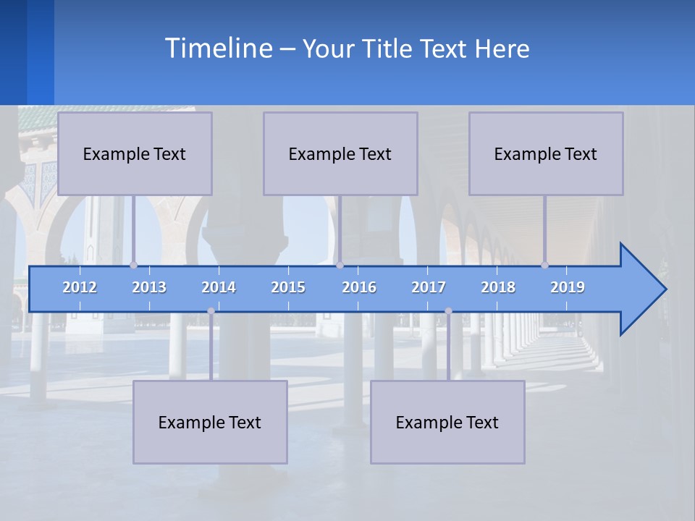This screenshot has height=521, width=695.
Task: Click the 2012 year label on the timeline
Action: click(x=80, y=287)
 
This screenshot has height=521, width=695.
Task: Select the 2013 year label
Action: click(x=149, y=287)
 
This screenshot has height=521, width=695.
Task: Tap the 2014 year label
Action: click(x=219, y=287)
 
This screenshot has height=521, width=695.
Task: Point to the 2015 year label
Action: click(x=288, y=287)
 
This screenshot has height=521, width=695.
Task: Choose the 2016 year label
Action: click(x=359, y=287)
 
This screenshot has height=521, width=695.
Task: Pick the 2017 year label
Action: click(x=429, y=287)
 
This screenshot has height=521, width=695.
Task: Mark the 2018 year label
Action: click(x=498, y=287)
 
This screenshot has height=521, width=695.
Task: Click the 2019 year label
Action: click(x=568, y=287)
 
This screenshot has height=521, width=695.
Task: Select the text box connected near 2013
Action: click(x=135, y=153)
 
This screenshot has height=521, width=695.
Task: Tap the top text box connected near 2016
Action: click(x=340, y=153)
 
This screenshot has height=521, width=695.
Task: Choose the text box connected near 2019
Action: click(x=546, y=153)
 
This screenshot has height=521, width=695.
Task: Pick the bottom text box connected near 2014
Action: click(x=210, y=422)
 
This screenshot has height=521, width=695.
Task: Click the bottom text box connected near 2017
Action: click(x=447, y=422)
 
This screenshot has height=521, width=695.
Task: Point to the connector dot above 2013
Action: click(x=133, y=265)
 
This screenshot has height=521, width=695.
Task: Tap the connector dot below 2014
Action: click(x=211, y=311)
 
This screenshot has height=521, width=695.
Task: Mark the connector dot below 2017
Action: click(x=448, y=311)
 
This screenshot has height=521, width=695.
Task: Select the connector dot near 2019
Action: click(x=544, y=265)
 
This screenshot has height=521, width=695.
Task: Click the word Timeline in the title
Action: click(x=218, y=48)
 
